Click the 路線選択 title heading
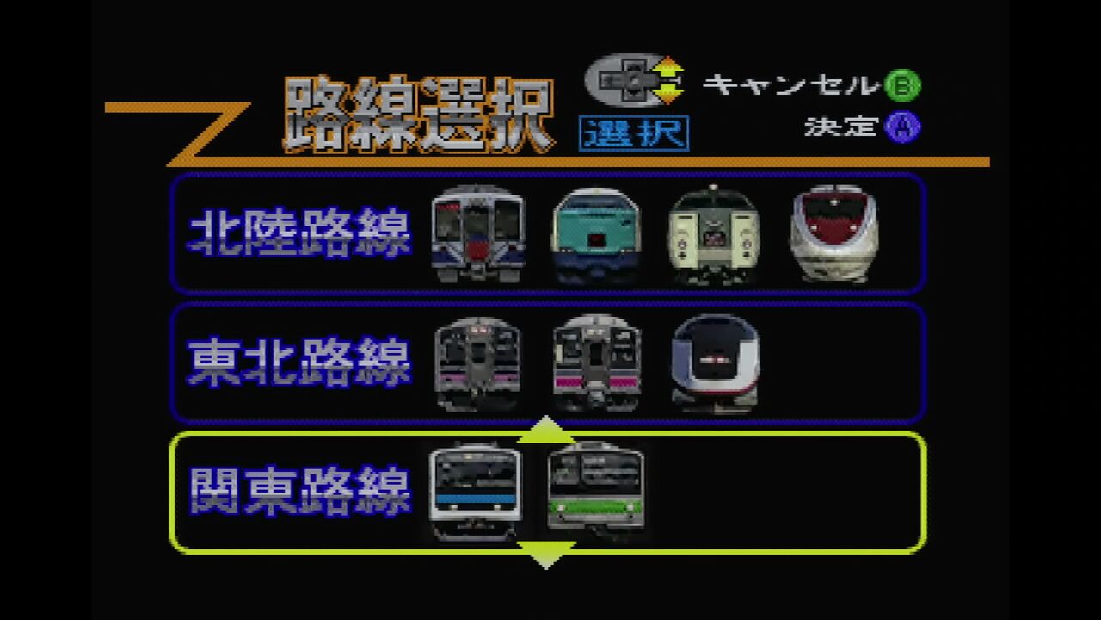419,115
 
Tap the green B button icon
903,84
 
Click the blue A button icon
903,127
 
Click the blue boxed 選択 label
634,133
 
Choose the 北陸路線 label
299,232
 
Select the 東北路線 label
299,363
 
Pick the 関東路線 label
299,492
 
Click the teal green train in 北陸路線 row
596,235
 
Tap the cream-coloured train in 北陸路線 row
714,235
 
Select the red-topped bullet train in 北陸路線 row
834,233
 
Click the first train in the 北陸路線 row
477,233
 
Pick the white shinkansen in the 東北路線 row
716,363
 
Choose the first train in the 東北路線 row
477,364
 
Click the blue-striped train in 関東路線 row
476,492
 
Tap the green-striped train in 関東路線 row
596,489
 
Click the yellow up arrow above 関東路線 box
545,430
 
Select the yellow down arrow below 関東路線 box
545,555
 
